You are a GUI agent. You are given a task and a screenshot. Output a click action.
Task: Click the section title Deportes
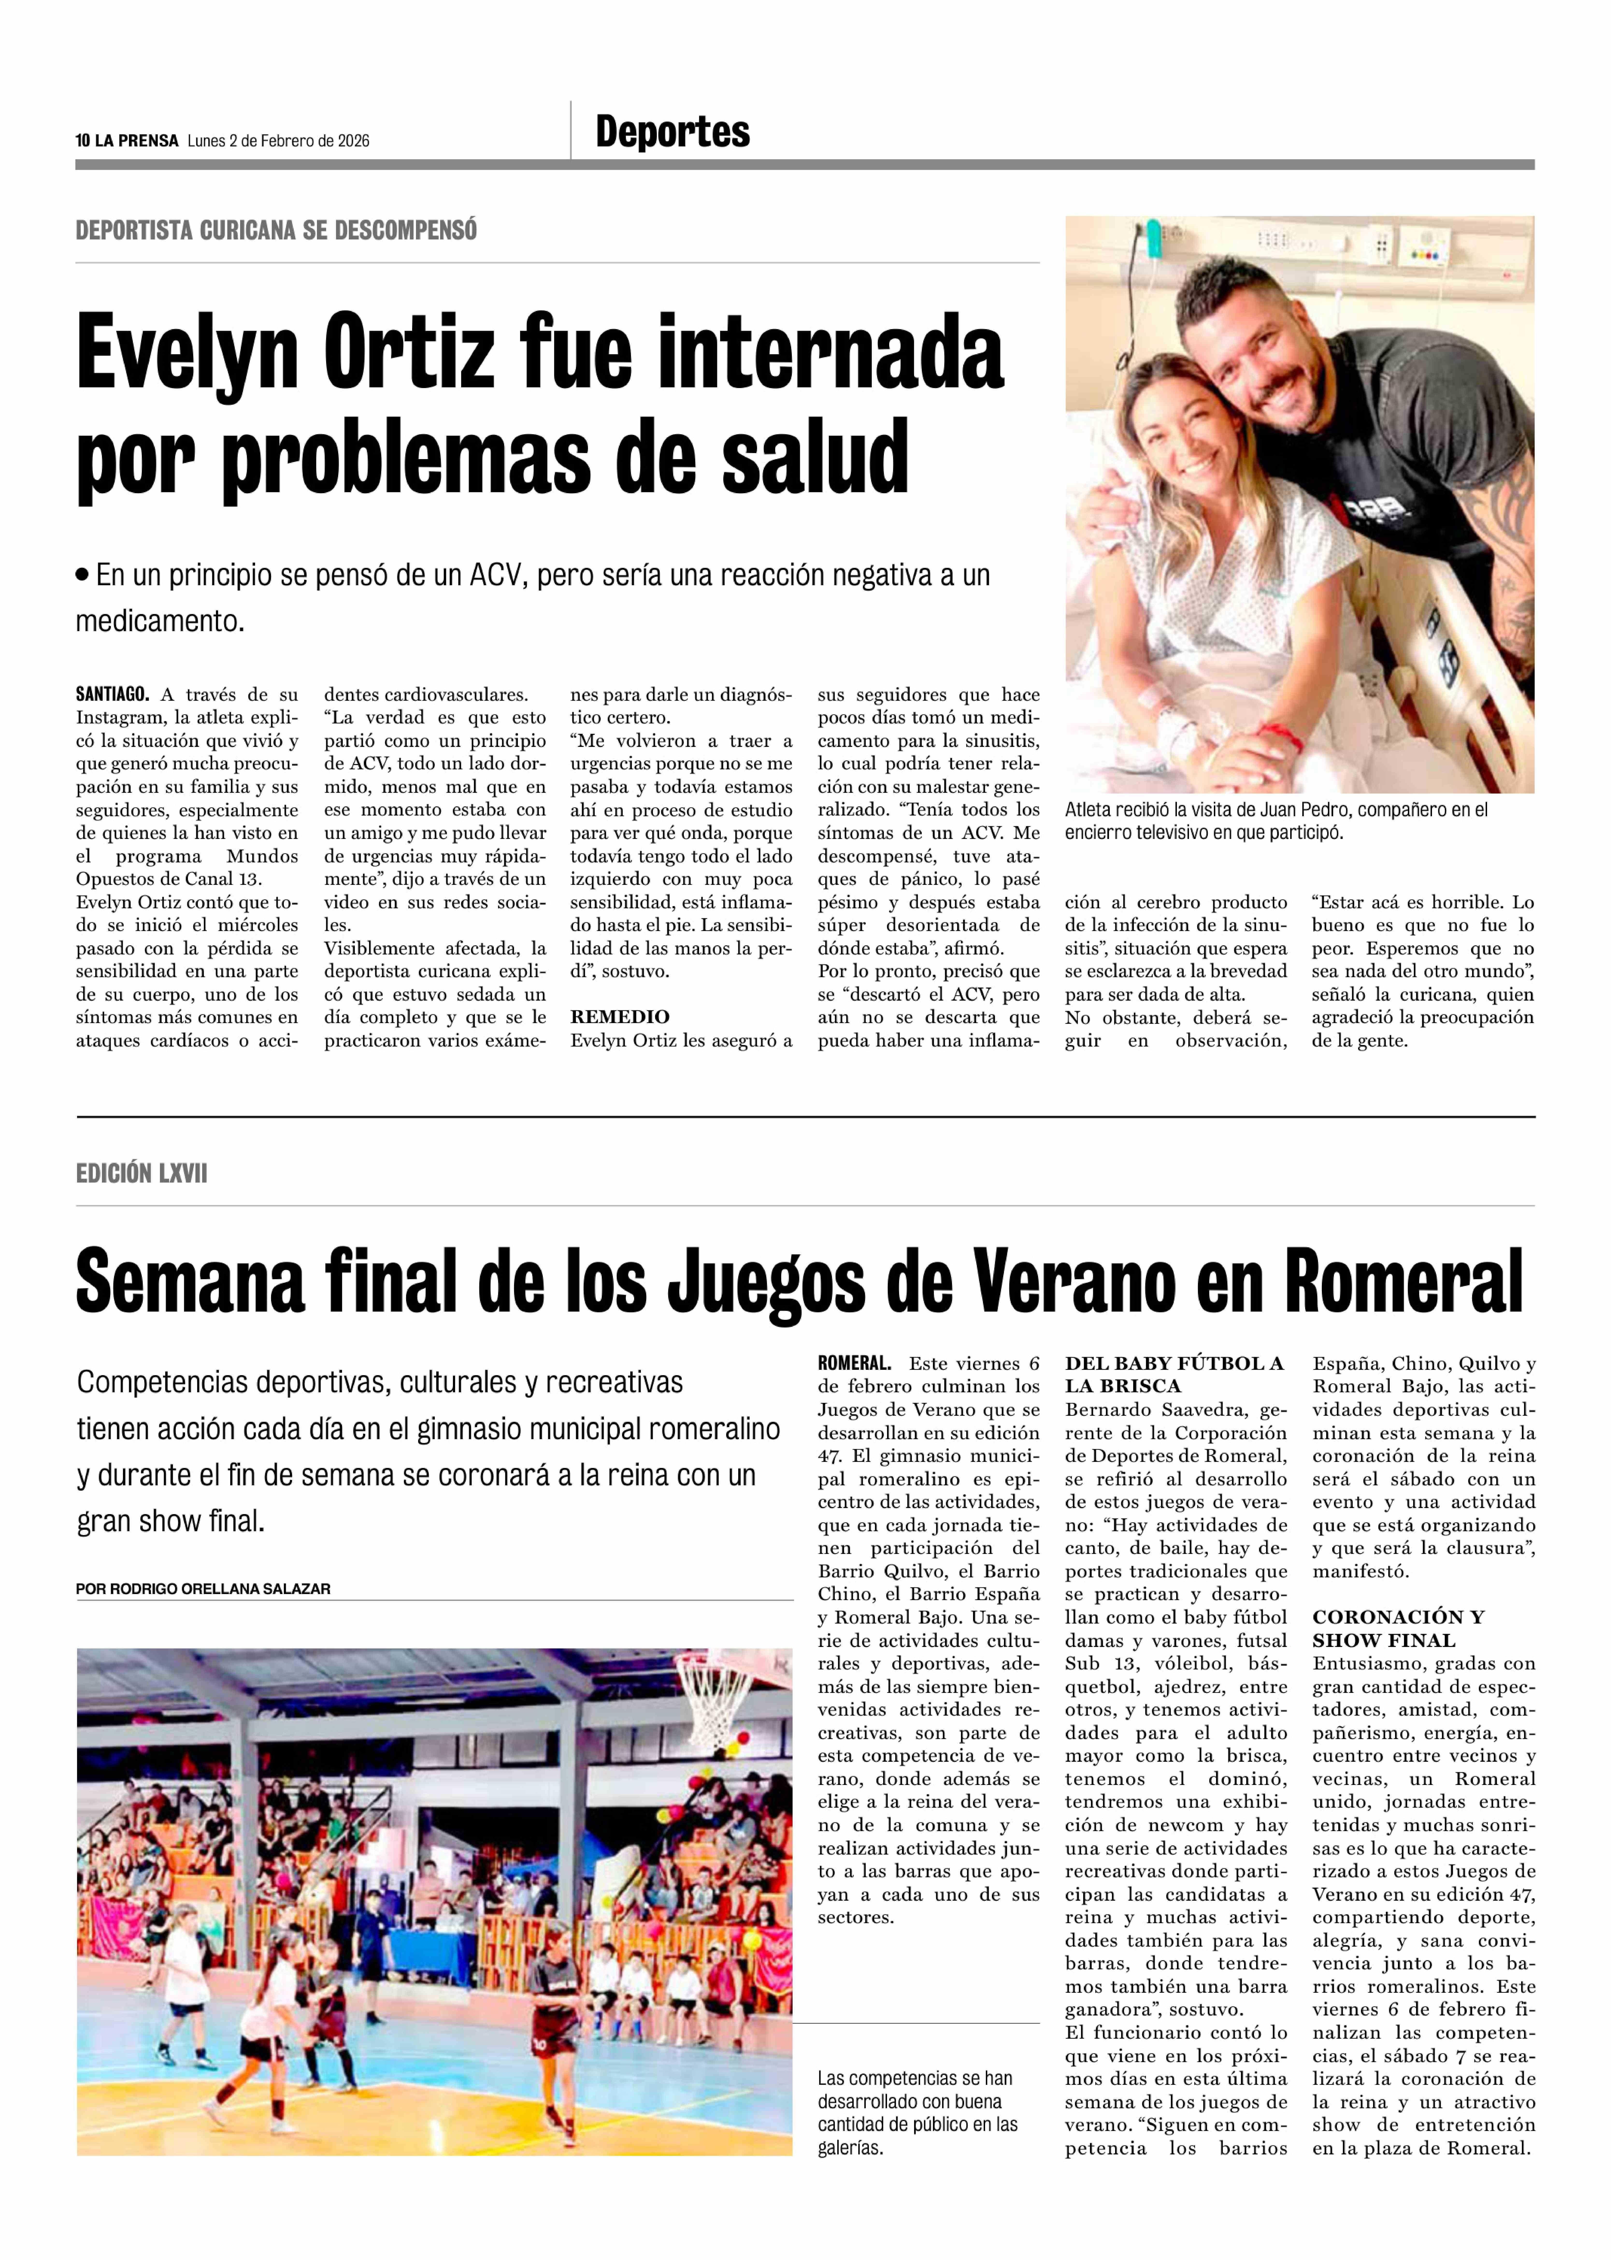pyautogui.click(x=673, y=132)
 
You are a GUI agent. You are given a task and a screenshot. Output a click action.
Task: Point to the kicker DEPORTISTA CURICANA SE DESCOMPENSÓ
pyautogui.click(x=276, y=230)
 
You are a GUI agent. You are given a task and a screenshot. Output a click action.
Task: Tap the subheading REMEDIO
pyautogui.click(x=619, y=1017)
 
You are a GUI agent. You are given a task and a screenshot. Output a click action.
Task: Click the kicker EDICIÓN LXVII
pyautogui.click(x=141, y=1174)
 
